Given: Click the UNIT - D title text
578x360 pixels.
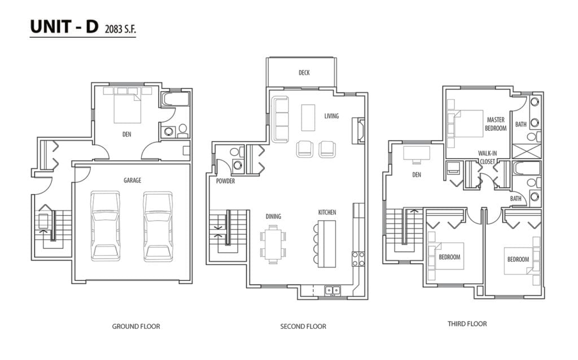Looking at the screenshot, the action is (64, 27).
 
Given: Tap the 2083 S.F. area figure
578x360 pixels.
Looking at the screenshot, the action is (120, 29).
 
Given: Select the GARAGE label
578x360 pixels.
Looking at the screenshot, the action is (132, 180).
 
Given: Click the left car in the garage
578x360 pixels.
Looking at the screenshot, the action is (106, 226).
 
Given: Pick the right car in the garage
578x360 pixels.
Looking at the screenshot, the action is (158, 226).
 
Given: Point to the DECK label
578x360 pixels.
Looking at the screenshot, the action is (304, 73).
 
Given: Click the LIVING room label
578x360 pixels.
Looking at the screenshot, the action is (331, 116).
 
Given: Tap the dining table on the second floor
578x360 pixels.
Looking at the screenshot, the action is (273, 245).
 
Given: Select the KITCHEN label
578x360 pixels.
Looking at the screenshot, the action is (327, 212).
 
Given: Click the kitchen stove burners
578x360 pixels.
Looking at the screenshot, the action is (358, 258).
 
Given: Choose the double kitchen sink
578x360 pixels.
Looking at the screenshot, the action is (332, 291).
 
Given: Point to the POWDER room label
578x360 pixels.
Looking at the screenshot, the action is (225, 181).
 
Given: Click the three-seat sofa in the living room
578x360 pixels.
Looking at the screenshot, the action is (280, 120).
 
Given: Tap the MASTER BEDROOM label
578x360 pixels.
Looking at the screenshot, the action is (496, 124).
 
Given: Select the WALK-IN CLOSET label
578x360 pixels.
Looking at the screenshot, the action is (487, 157).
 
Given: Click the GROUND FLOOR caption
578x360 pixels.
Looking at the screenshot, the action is (136, 327).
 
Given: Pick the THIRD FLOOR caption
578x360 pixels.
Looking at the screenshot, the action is (467, 324).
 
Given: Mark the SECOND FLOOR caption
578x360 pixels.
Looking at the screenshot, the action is (303, 327).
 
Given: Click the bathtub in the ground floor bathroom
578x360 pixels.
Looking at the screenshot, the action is (176, 99).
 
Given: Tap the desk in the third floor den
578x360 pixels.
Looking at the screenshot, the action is (417, 153).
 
